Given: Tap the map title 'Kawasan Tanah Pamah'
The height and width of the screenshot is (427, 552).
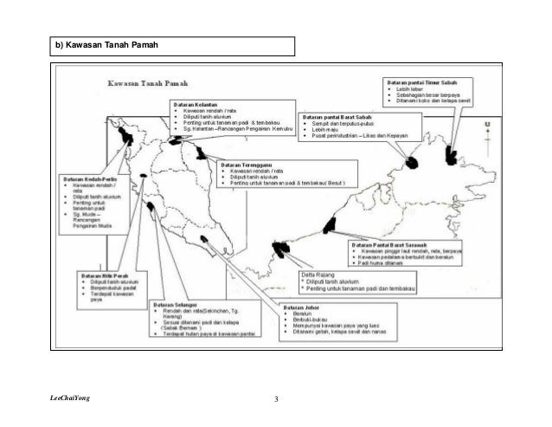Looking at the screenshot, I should [144, 85].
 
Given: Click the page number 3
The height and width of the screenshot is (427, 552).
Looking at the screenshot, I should [276, 398].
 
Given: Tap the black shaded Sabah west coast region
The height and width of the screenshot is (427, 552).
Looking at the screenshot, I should [412, 163].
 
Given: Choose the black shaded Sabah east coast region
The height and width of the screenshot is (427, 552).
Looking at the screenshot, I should [451, 156].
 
